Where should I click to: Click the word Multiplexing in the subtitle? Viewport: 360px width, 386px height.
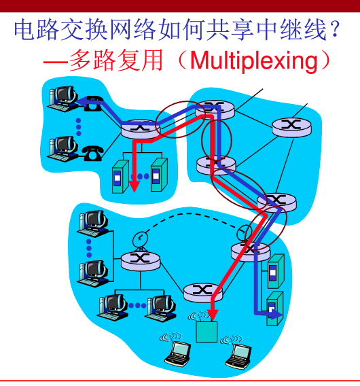[254, 60]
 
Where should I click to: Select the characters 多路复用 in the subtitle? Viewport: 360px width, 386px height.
[115, 60]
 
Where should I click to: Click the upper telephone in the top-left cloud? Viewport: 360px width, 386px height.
[94, 103]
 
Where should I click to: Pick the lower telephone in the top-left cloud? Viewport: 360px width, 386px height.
[91, 152]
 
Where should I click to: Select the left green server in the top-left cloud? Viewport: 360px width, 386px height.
[120, 175]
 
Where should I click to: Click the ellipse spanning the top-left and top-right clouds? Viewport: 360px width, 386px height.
[178, 120]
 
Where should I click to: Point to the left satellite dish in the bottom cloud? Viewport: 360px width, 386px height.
[139, 237]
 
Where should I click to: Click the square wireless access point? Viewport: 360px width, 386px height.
[206, 332]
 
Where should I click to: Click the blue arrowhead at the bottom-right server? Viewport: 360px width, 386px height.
[271, 313]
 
